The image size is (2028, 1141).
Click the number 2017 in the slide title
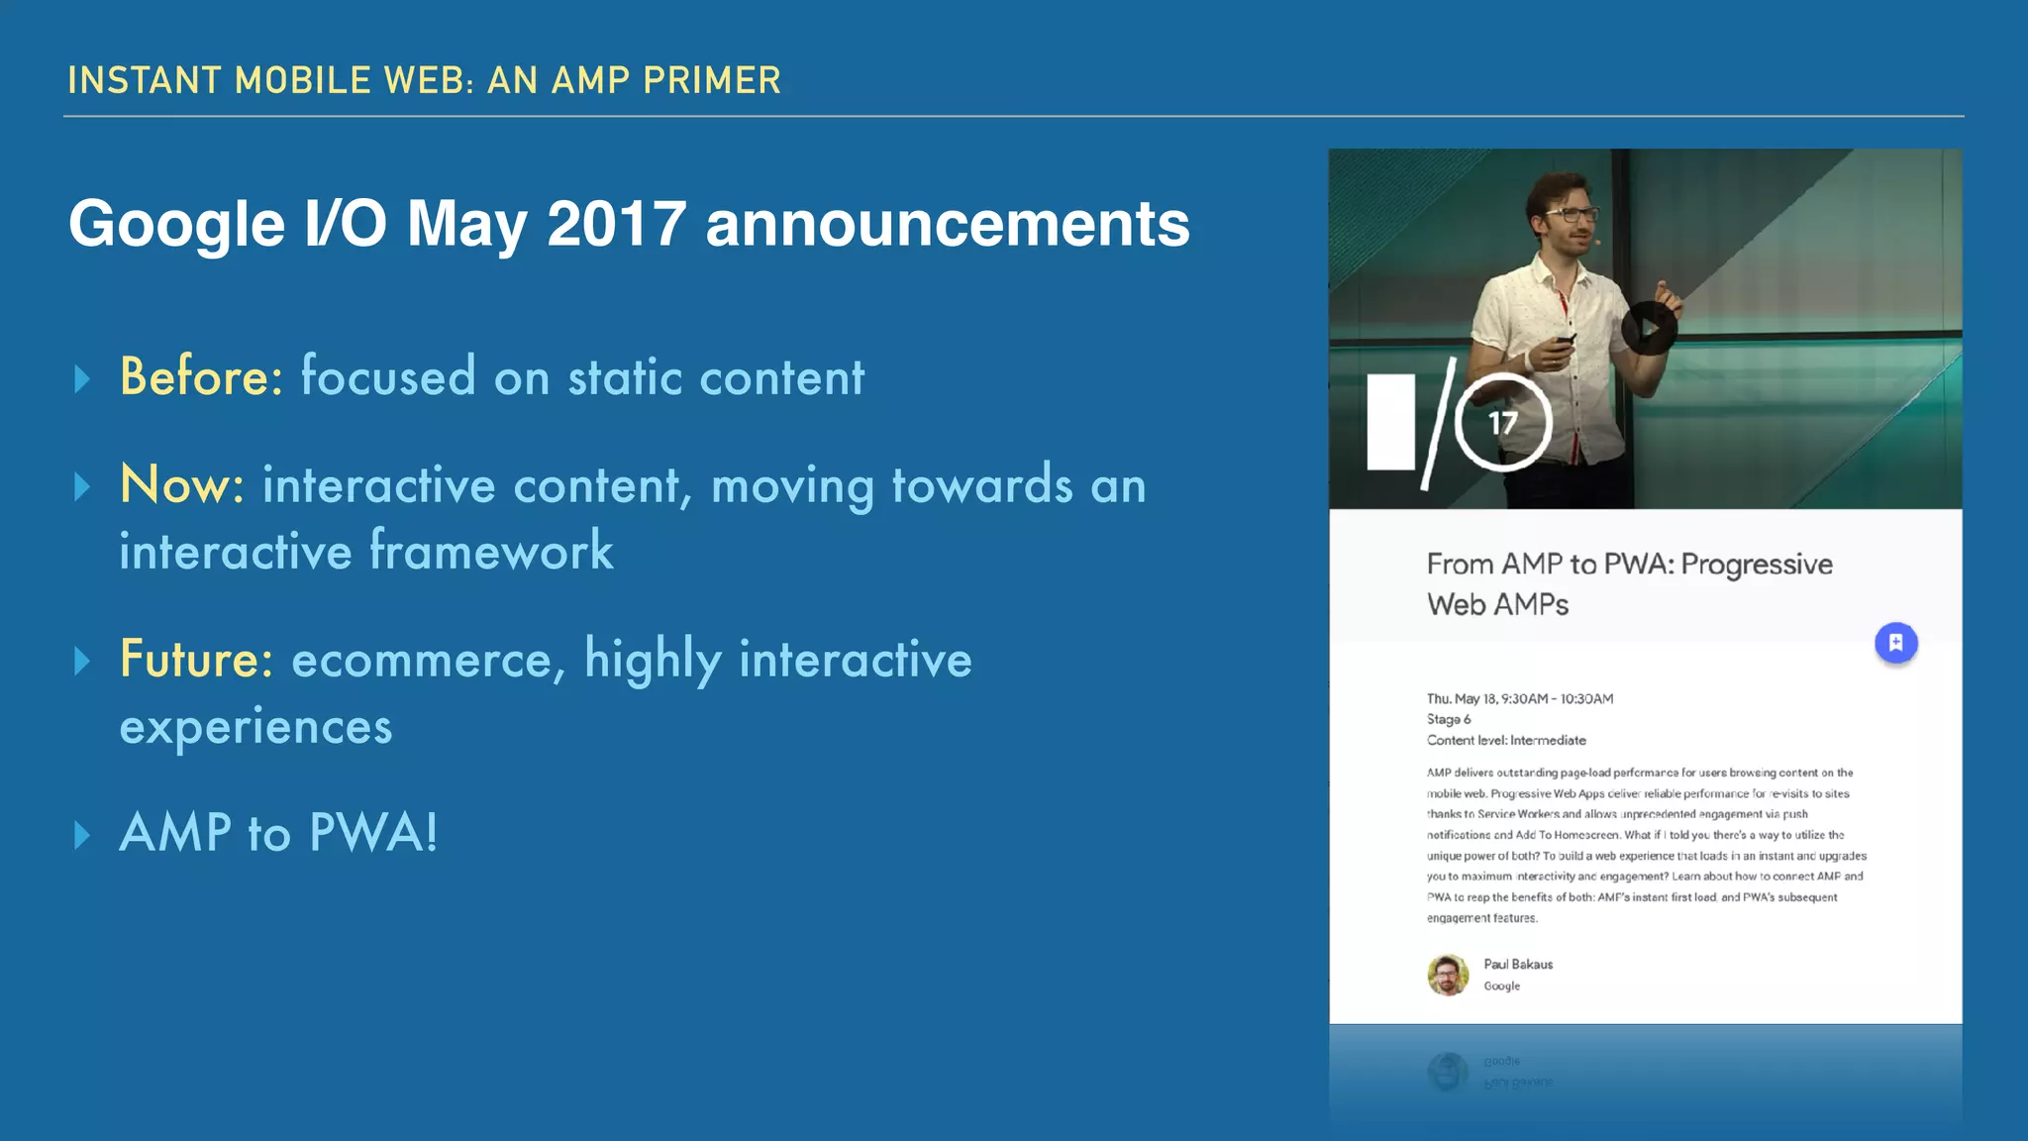pos(616,224)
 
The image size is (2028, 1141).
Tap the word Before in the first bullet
pos(201,377)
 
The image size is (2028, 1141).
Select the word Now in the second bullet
pos(181,485)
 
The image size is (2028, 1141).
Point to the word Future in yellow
pos(195,660)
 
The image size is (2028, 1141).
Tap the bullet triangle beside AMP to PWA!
pos(83,834)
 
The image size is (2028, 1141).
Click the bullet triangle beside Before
pos(83,378)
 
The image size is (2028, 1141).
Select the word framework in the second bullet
pos(491,552)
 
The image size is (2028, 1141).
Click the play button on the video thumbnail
pos(1648,328)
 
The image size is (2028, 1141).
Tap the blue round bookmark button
pos(1895,643)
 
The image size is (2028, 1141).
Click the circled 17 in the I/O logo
pos(1503,424)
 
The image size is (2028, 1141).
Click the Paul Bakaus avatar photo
pos(1448,975)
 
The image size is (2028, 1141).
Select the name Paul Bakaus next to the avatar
pos(1518,965)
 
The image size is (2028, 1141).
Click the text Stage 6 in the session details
pos(1449,719)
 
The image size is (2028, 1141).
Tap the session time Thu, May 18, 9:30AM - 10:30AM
pos(1520,698)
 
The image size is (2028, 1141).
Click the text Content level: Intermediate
pos(1506,740)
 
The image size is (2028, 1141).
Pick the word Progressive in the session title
pos(1757,565)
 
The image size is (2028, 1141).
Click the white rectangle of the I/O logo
pos(1390,422)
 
